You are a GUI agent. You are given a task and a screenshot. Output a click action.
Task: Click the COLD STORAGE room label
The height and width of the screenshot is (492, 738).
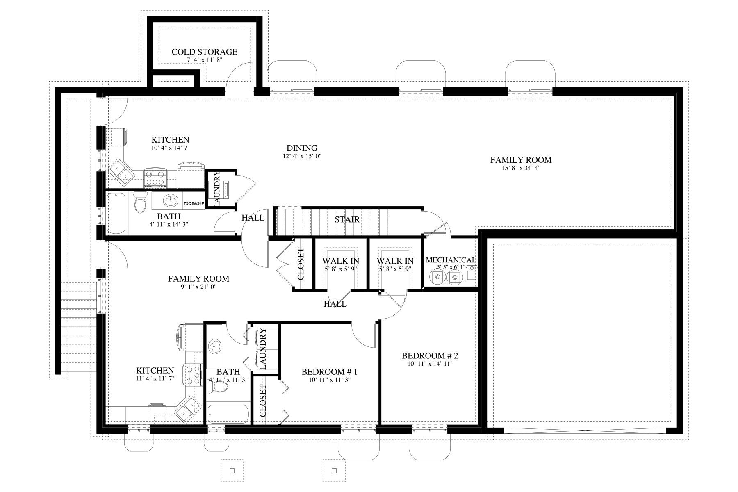[x=204, y=52]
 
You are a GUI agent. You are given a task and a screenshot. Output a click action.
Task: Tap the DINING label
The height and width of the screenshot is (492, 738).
[x=302, y=148]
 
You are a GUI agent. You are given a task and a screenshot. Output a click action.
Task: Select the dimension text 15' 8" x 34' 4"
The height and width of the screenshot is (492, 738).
[x=521, y=168]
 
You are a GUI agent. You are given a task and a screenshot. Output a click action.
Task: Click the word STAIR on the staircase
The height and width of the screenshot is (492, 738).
[x=347, y=220]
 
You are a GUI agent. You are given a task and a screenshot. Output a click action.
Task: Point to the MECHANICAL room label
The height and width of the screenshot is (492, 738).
[x=451, y=260]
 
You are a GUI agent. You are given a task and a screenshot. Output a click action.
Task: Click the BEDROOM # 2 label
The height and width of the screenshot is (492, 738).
[x=429, y=355]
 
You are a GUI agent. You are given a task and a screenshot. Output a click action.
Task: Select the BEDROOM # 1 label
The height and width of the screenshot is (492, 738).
[x=330, y=372]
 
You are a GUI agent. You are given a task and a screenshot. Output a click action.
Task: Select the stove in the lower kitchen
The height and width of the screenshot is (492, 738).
[x=194, y=374]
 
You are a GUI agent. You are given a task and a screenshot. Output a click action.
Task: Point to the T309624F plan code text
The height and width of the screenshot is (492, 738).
[x=194, y=203]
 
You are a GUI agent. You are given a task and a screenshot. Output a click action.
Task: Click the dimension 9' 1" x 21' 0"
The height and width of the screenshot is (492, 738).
[x=198, y=287]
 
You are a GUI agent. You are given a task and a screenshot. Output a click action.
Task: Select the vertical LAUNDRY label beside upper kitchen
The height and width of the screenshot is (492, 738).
[x=217, y=189]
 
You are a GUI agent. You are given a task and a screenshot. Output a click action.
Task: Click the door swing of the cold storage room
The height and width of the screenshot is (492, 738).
[x=240, y=74]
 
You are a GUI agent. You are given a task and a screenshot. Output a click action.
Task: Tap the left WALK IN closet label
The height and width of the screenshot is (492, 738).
[x=340, y=261]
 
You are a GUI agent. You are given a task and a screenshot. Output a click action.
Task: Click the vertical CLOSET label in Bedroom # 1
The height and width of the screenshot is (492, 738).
[x=263, y=401]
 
